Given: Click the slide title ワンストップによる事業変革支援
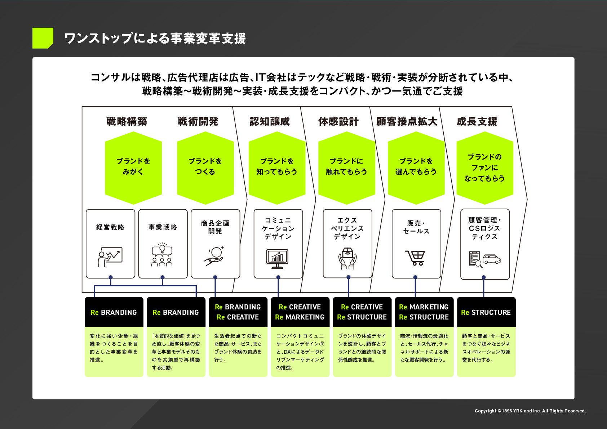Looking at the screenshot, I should [x=155, y=38].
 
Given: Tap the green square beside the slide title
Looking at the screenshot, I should [x=43, y=38].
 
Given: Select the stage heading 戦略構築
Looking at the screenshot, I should [x=127, y=121].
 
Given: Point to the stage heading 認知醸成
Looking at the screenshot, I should [x=270, y=121].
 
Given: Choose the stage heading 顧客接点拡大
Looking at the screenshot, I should [x=407, y=121].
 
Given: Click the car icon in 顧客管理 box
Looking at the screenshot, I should [x=492, y=259].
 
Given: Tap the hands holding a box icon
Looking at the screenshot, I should [x=347, y=258].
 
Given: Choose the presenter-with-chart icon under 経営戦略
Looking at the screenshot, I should [x=110, y=256].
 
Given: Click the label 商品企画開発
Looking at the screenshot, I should [x=215, y=227].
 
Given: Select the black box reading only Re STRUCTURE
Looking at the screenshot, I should [x=486, y=312].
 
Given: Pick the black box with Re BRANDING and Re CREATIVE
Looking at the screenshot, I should [x=238, y=312].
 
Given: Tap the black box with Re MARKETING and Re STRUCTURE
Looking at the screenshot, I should [x=424, y=312].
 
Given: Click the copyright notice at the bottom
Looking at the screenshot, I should [x=530, y=411].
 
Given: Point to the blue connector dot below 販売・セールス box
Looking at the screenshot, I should [x=415, y=277].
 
